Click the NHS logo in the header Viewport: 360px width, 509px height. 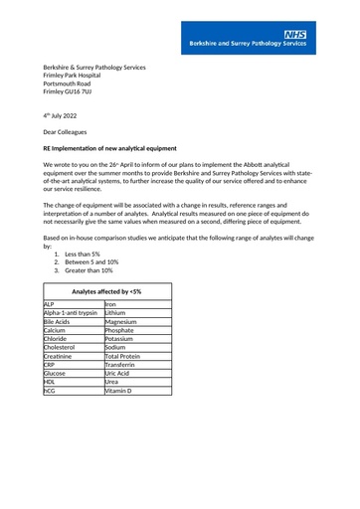[x=294, y=35]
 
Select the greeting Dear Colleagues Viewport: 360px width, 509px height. [x=65, y=131]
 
